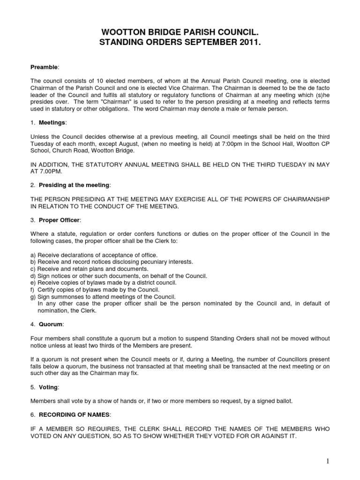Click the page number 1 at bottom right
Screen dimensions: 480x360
coord(328,461)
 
